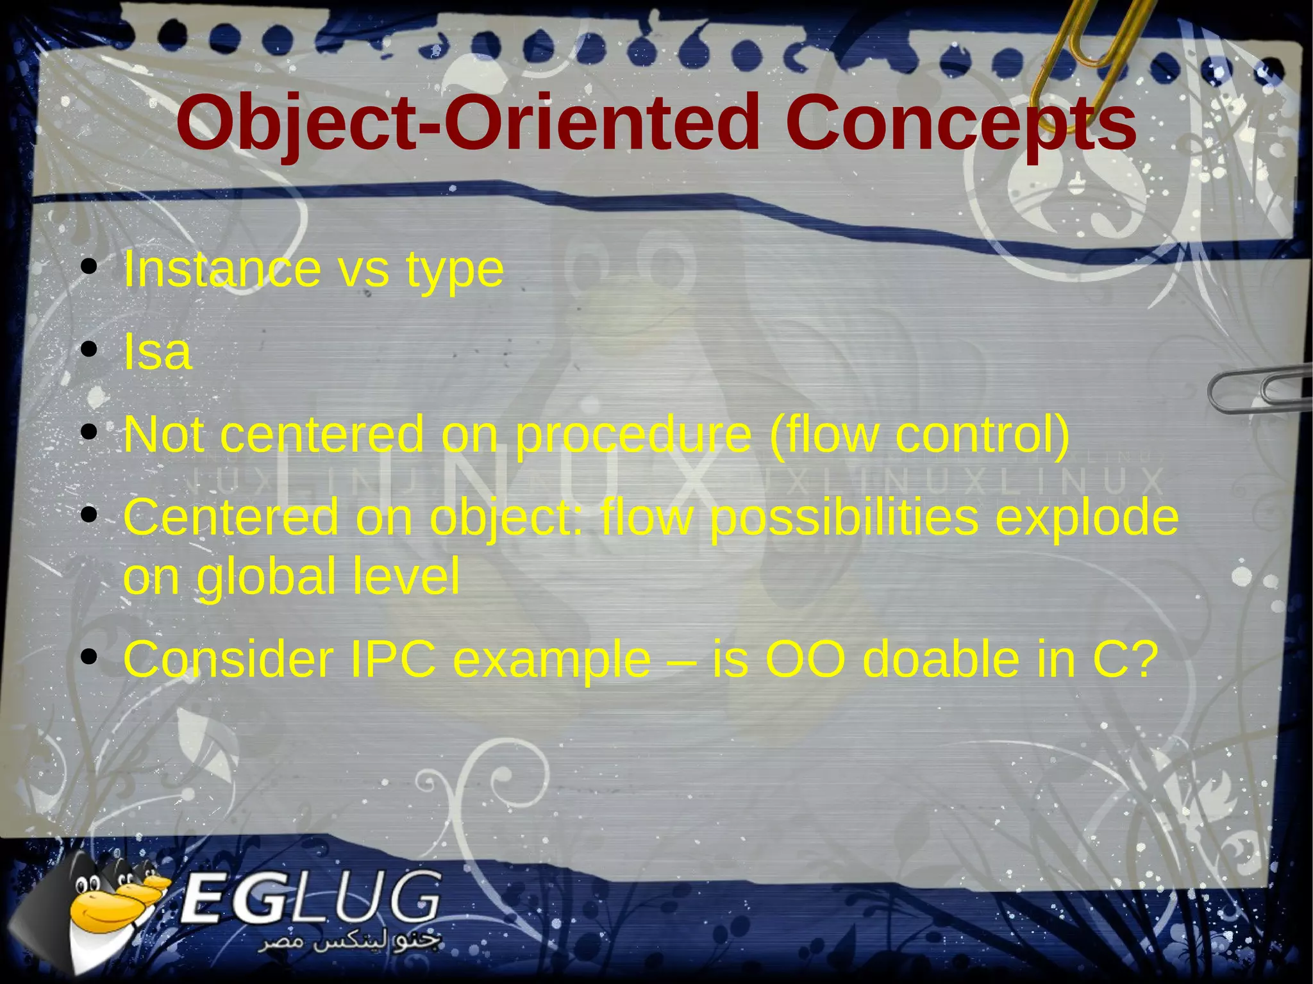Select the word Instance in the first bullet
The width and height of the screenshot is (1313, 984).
pyautogui.click(x=222, y=269)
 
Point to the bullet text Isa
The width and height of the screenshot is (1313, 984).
pyautogui.click(x=157, y=352)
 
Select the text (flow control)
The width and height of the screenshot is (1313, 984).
pyautogui.click(x=919, y=435)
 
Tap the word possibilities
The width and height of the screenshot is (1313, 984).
pyautogui.click(x=844, y=518)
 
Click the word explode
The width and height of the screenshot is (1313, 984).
pyautogui.click(x=1087, y=518)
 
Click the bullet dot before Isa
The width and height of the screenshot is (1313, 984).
pyautogui.click(x=89, y=350)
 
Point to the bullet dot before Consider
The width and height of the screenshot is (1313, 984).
pyautogui.click(x=89, y=658)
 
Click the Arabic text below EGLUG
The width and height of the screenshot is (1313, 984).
pyautogui.click(x=349, y=942)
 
